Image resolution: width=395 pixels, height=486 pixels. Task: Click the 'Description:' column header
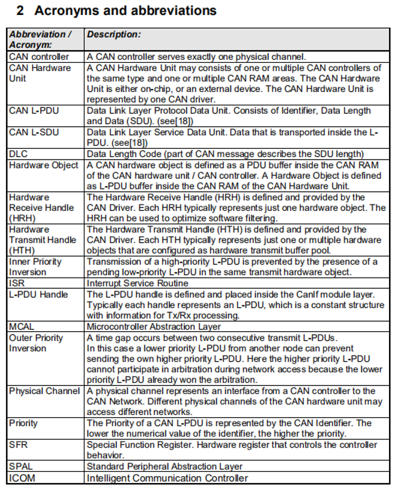pos(114,35)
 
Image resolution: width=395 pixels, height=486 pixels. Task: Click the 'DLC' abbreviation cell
pos(19,154)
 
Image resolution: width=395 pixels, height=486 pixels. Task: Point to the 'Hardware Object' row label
pos(43,165)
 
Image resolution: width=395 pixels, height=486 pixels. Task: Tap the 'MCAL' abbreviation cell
pos(23,326)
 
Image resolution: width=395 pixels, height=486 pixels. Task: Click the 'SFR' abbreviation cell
pos(18,445)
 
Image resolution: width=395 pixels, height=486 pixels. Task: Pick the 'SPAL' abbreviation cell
pos(21,466)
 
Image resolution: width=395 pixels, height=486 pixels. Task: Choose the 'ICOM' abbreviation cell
pos(22,478)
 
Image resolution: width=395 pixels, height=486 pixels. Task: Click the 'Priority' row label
pos(23,423)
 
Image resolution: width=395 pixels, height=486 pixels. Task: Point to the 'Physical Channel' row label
pos(44,391)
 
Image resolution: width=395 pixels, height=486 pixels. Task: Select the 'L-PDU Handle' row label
pos(38,294)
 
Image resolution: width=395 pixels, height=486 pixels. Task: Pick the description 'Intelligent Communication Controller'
pos(167,478)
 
